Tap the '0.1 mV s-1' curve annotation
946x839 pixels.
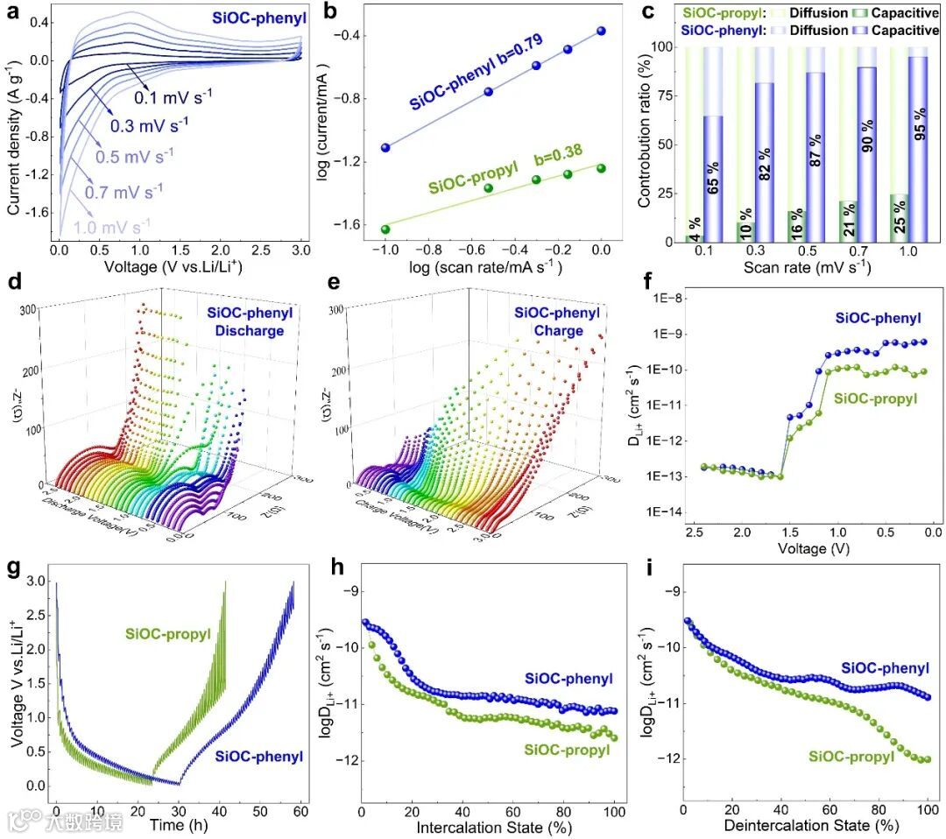(x=173, y=92)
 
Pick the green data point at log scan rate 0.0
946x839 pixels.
(x=601, y=167)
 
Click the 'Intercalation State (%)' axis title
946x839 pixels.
(x=487, y=825)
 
